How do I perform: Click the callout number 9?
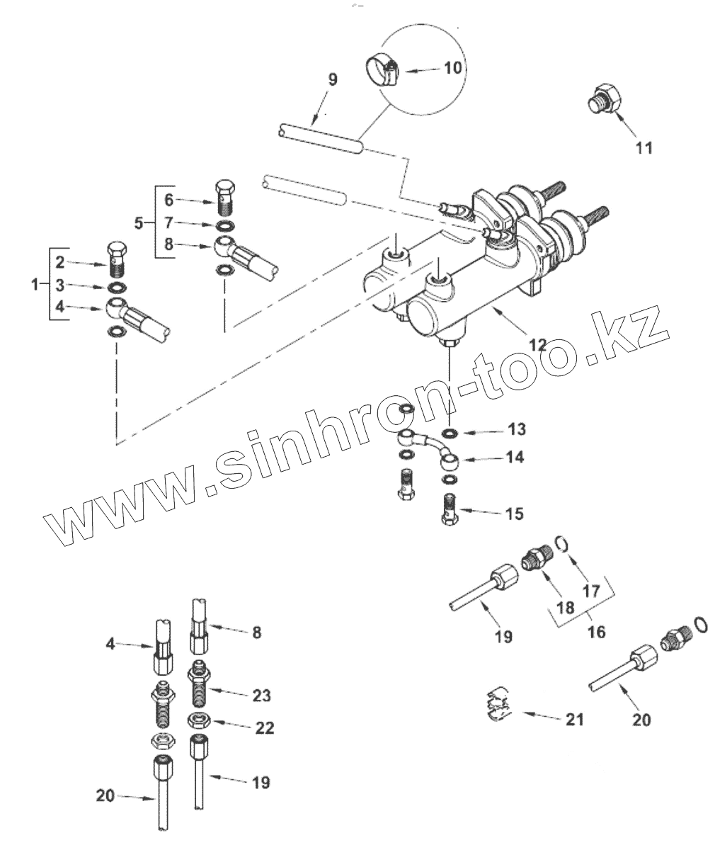coord(333,79)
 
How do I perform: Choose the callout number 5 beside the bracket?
coord(138,222)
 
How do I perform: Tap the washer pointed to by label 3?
coord(118,288)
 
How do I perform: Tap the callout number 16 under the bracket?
coord(597,630)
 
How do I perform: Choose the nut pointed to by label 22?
coord(198,721)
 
